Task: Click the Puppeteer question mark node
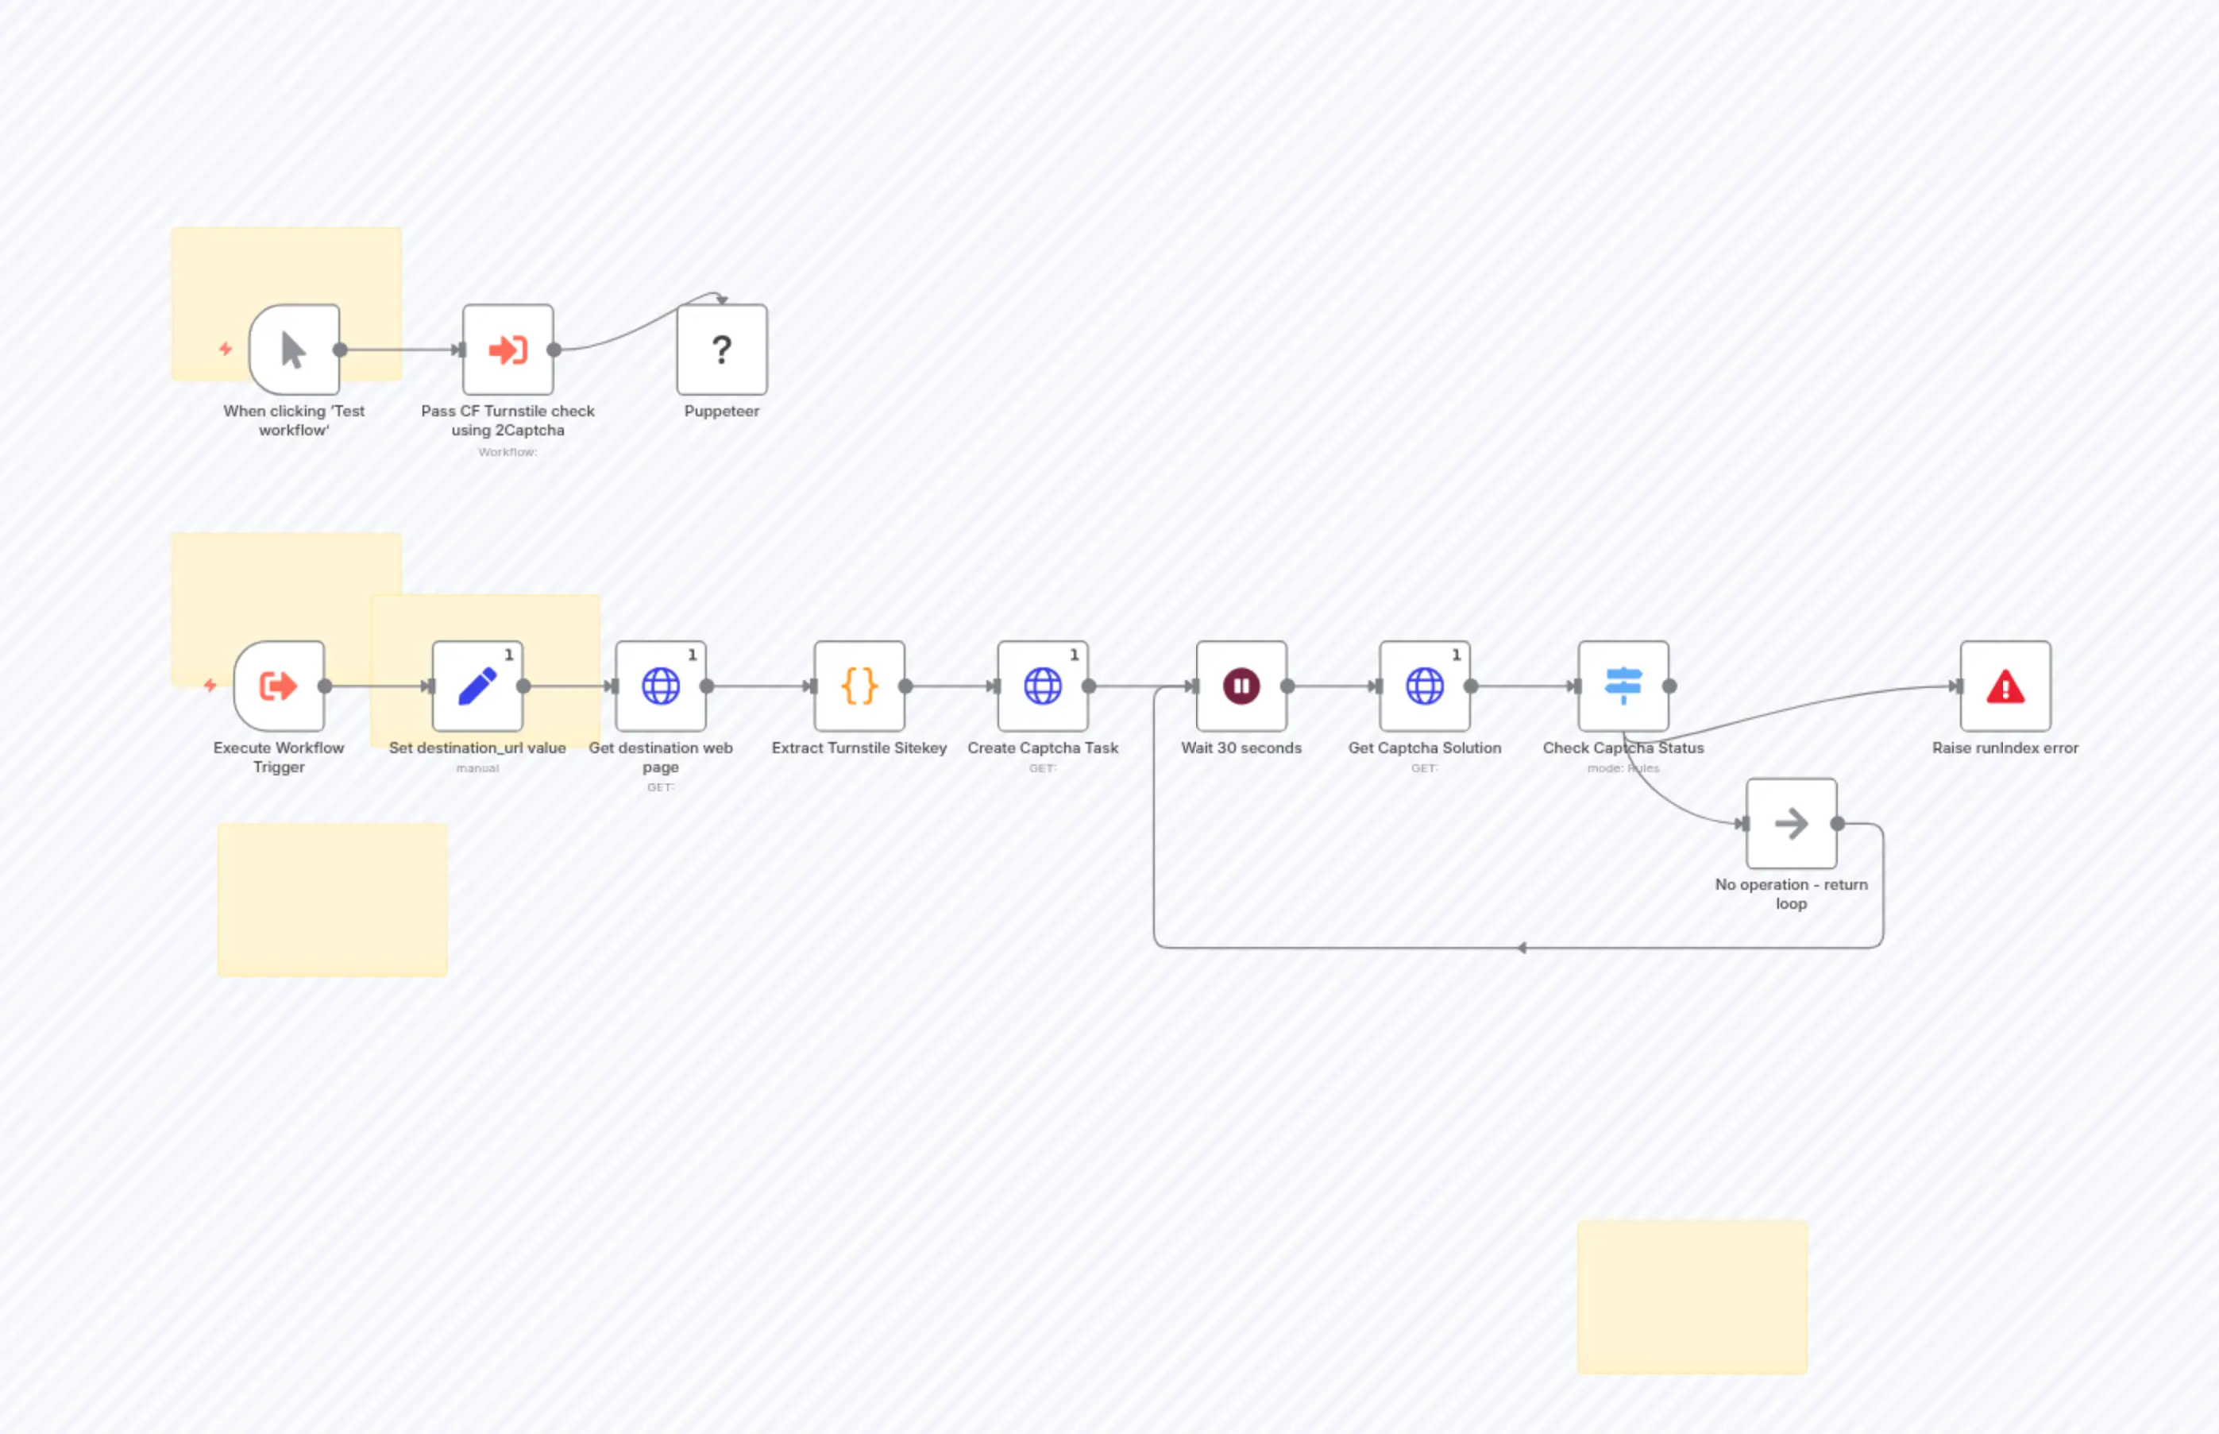coord(721,350)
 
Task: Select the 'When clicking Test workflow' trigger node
coord(293,350)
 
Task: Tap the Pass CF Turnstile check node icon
coord(507,350)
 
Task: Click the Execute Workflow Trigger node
coord(278,686)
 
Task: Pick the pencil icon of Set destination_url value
coord(477,686)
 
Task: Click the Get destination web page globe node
coord(660,686)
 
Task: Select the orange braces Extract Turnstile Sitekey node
coord(859,686)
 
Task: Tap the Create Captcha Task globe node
coord(1043,686)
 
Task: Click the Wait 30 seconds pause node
coord(1241,686)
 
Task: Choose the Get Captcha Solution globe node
coord(1424,686)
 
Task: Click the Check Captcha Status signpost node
coord(1623,686)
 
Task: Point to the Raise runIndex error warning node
coord(2005,686)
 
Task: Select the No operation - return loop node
coord(1791,823)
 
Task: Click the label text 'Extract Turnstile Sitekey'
coord(859,748)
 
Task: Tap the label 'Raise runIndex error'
coord(2005,748)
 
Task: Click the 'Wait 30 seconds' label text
coord(1241,748)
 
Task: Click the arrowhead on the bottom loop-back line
coord(1522,948)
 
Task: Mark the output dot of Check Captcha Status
coord(1670,686)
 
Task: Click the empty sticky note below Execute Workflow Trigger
coord(332,899)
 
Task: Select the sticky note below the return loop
coord(1692,1297)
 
